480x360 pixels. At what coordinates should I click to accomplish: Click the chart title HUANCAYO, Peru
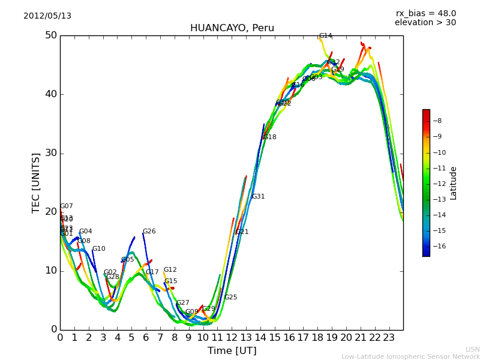tap(232, 28)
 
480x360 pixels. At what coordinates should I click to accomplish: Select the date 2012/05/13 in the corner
tap(47, 16)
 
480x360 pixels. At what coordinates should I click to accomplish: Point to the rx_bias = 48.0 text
tap(425, 13)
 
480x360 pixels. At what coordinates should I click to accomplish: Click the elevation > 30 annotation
tap(425, 23)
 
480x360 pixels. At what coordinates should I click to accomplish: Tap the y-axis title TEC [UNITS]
tap(37, 182)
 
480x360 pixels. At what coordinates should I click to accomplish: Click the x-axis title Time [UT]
tap(232, 351)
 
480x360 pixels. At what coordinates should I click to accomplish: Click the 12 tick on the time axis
tap(232, 338)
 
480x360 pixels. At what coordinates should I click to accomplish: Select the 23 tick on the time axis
tap(389, 338)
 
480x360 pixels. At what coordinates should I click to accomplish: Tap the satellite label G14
tap(325, 36)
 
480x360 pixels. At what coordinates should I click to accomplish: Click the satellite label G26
tap(149, 232)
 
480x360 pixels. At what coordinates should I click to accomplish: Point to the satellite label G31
tap(258, 197)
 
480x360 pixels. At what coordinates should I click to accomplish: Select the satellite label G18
tap(269, 137)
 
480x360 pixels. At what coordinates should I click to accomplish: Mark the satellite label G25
tap(230, 298)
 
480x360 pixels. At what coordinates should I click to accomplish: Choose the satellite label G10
tap(98, 249)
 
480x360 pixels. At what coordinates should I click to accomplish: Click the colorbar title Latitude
tap(454, 183)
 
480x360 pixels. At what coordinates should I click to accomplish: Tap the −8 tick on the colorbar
tap(437, 121)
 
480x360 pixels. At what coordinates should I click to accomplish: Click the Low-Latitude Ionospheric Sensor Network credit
tap(410, 357)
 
